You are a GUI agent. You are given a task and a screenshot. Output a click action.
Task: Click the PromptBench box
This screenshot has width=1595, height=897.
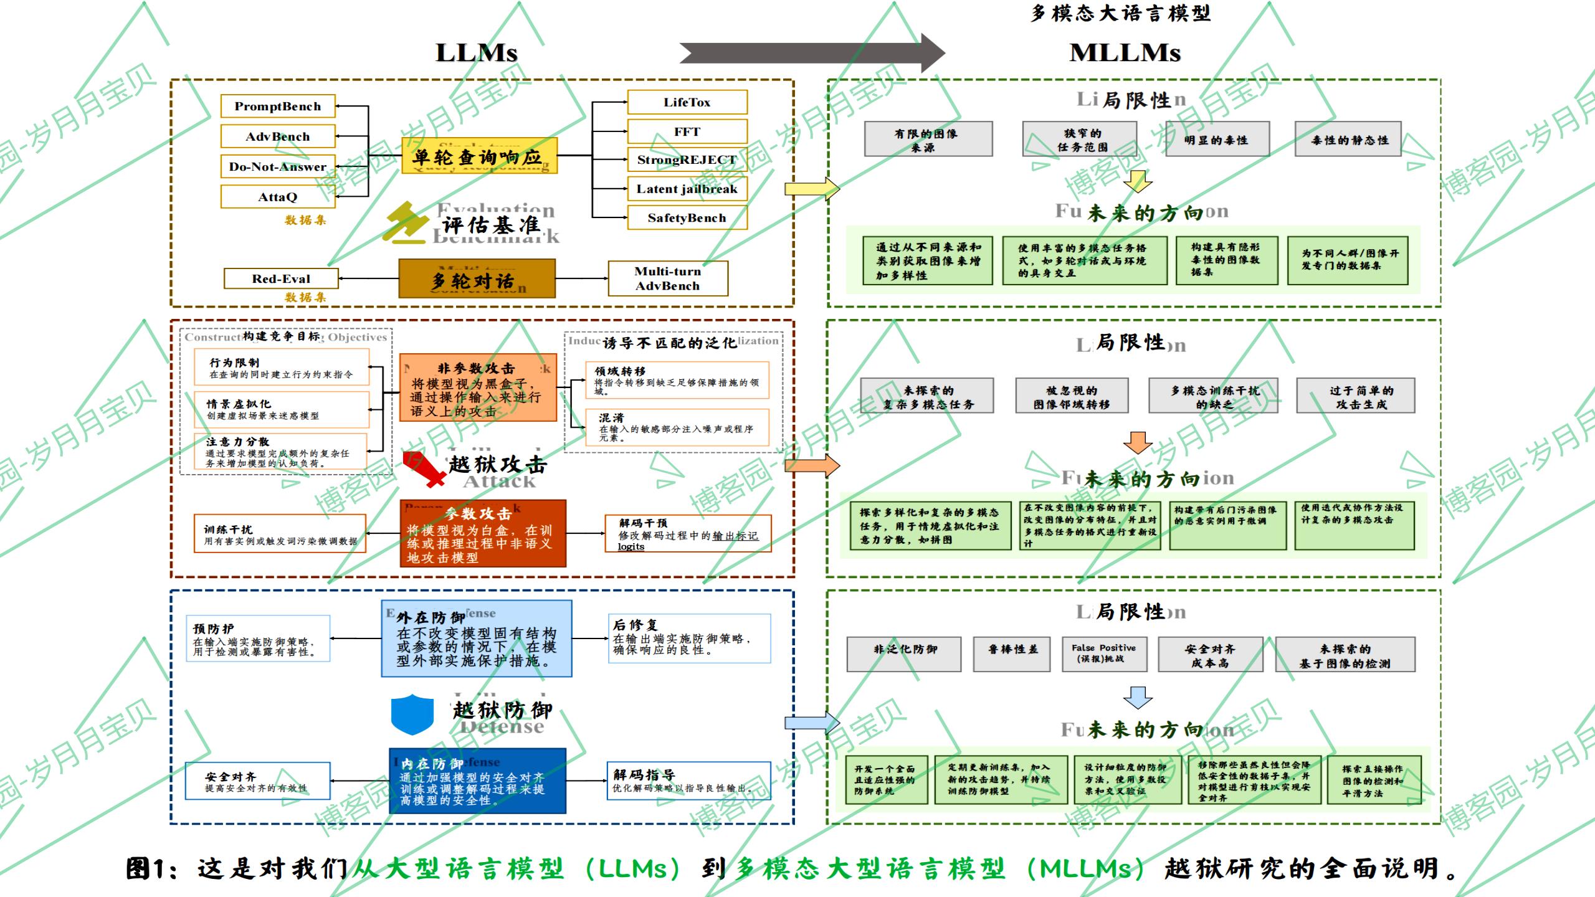pyautogui.click(x=278, y=107)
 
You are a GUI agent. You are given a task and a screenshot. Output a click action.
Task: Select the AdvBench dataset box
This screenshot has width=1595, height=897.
pyautogui.click(x=278, y=136)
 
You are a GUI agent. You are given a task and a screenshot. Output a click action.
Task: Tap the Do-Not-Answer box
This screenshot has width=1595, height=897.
pyautogui.click(x=278, y=166)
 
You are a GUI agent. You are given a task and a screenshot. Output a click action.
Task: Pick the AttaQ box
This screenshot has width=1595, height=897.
pyautogui.click(x=278, y=197)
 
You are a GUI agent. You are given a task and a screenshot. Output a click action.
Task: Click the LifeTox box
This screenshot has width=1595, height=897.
pyautogui.click(x=687, y=102)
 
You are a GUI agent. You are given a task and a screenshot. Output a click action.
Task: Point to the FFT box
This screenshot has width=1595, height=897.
pyautogui.click(x=687, y=131)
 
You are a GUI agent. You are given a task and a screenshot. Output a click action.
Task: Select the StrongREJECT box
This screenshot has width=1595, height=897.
pyautogui.click(x=687, y=160)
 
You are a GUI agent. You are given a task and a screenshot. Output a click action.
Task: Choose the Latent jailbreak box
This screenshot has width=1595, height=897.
pyautogui.click(x=687, y=189)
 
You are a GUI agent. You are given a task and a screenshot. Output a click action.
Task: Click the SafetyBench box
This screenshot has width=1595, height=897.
pyautogui.click(x=687, y=218)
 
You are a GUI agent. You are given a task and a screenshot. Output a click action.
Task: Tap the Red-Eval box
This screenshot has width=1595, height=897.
pyautogui.click(x=281, y=278)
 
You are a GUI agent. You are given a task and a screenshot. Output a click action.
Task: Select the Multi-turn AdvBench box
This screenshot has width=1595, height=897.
pyautogui.click(x=667, y=278)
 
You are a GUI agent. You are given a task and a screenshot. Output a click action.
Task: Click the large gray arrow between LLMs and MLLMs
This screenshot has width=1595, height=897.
pyautogui.click(x=810, y=53)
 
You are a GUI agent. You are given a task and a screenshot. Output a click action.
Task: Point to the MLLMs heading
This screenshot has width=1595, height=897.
pyautogui.click(x=1125, y=53)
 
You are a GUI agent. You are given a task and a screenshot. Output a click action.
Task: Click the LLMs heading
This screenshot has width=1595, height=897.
pyautogui.click(x=477, y=53)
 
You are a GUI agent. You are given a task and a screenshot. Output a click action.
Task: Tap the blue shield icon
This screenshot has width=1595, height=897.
pyautogui.click(x=412, y=714)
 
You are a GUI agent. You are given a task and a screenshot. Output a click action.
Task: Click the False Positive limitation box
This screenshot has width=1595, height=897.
pyautogui.click(x=1103, y=653)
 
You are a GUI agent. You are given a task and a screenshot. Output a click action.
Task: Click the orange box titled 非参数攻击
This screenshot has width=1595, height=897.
pyautogui.click(x=478, y=388)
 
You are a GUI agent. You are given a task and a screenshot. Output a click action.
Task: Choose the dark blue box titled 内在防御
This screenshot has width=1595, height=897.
pyautogui.click(x=477, y=781)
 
